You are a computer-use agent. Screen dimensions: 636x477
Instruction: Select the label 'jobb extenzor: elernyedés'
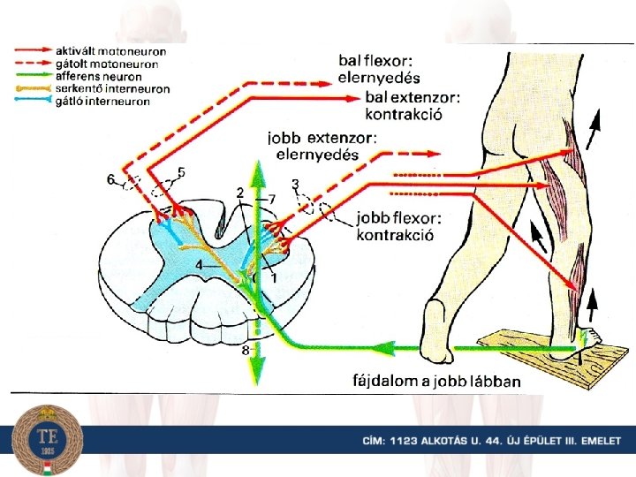click(x=322, y=145)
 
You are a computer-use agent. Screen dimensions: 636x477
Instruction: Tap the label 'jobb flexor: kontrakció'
click(x=397, y=226)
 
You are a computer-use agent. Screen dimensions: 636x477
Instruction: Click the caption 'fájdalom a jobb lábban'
click(x=432, y=382)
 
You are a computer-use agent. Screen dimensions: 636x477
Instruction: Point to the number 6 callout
click(x=110, y=179)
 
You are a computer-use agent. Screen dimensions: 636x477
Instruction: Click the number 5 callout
click(x=181, y=170)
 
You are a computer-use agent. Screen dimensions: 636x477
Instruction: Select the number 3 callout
click(x=295, y=184)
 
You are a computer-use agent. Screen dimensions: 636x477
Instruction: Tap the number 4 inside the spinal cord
click(x=199, y=265)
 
